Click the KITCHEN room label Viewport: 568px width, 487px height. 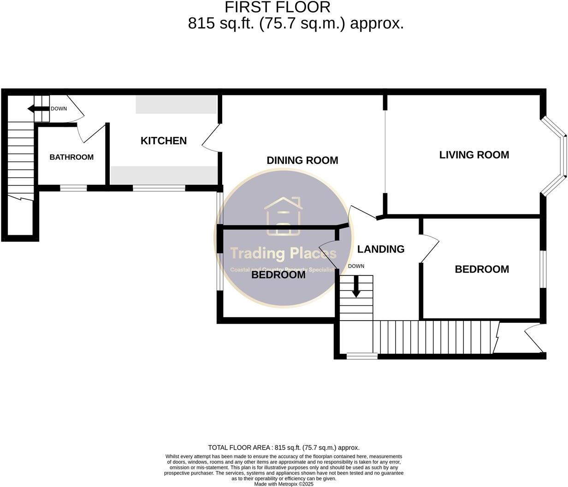point(164,141)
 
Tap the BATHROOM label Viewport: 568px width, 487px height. point(71,157)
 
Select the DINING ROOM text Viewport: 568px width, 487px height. point(302,160)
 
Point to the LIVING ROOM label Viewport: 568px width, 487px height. point(474,155)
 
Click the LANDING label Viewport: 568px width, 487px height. point(381,249)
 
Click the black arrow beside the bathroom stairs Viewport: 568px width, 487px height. point(38,109)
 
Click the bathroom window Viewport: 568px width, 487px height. point(73,188)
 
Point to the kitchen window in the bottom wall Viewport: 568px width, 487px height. point(159,188)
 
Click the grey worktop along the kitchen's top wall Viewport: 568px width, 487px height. point(177,105)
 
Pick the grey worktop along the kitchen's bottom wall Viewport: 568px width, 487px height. point(164,175)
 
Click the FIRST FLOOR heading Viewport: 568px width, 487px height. point(278,7)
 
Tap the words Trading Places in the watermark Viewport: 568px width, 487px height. point(284,253)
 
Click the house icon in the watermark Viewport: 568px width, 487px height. point(284,216)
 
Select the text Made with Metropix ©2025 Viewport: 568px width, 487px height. point(284,484)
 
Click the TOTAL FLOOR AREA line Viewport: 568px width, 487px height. point(284,447)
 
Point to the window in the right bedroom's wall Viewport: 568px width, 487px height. point(543,269)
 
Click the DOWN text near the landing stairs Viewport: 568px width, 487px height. point(356,266)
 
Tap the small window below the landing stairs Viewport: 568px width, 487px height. point(362,356)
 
